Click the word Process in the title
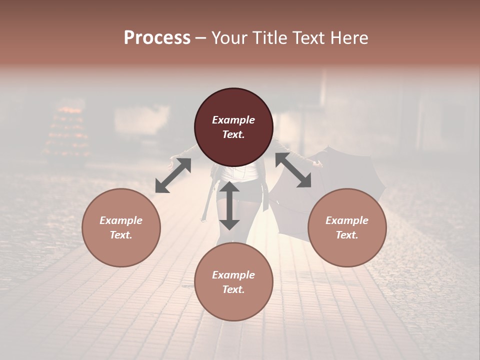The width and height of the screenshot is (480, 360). point(157,38)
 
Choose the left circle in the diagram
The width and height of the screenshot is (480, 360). point(121,227)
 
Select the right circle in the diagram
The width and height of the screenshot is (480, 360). point(347,227)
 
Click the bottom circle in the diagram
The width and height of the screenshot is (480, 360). point(233,282)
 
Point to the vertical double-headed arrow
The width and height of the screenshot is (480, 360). point(229,205)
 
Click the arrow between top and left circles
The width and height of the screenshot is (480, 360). point(173,175)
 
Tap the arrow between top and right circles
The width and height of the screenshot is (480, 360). point(293,170)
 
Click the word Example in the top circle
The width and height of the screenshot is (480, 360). point(233,120)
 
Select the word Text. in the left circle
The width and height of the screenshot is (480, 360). point(121,235)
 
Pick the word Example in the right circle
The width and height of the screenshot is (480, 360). point(347,220)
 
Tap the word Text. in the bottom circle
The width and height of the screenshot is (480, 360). point(233,289)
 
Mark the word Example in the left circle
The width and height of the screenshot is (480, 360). point(121,220)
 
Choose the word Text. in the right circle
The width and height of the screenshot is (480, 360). point(347,235)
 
